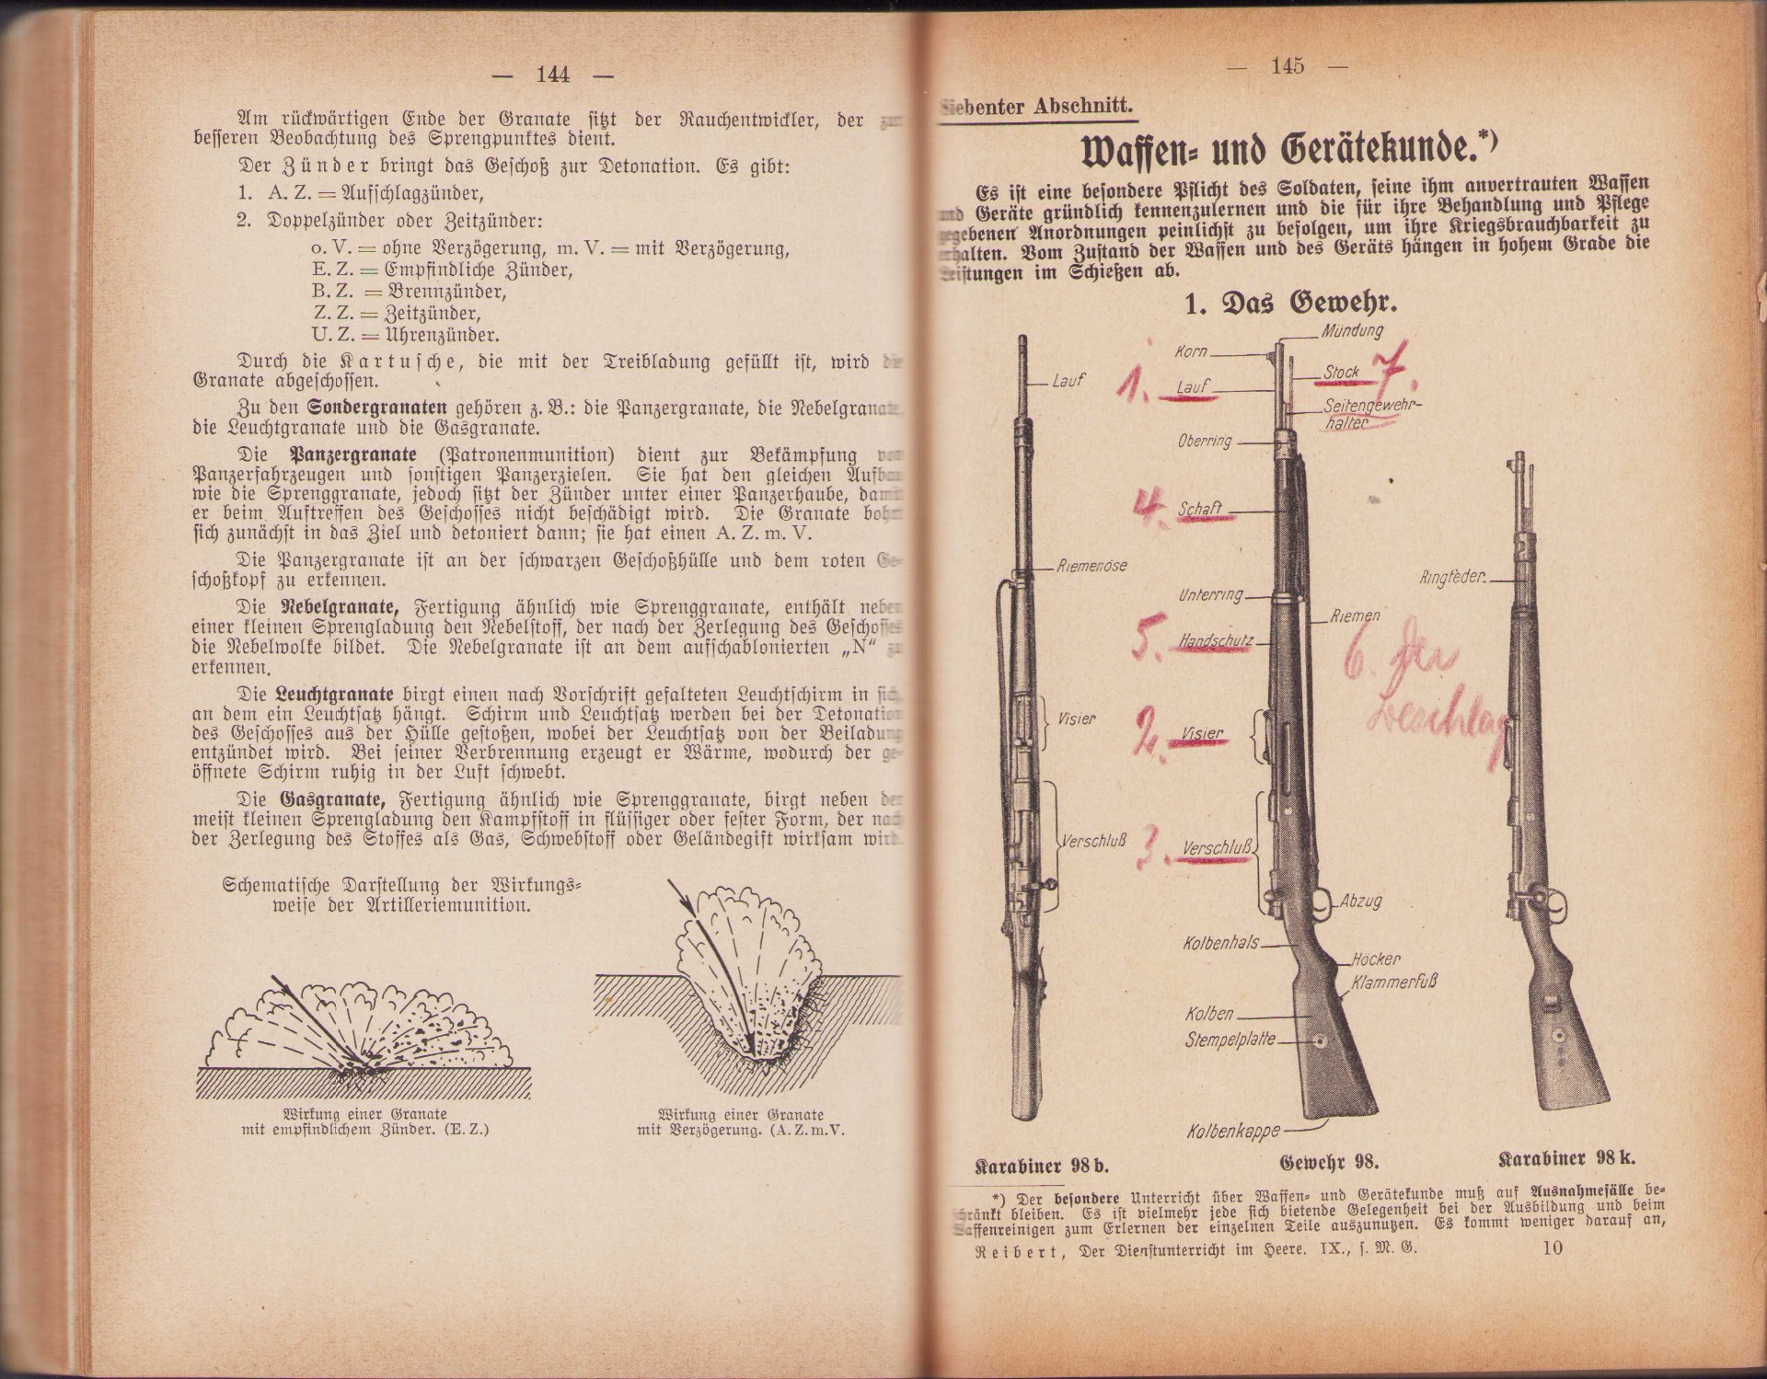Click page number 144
[553, 75]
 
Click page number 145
[1288, 66]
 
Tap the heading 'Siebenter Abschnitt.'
[1037, 107]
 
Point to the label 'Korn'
[1191, 352]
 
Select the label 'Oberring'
[1204, 441]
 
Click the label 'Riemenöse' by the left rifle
[1092, 565]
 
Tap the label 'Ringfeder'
[1452, 578]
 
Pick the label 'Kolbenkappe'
[1233, 1131]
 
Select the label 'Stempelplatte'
[1230, 1040]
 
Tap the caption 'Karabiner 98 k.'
[1566, 1157]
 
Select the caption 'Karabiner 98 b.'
[1041, 1165]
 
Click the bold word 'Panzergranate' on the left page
[353, 455]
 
